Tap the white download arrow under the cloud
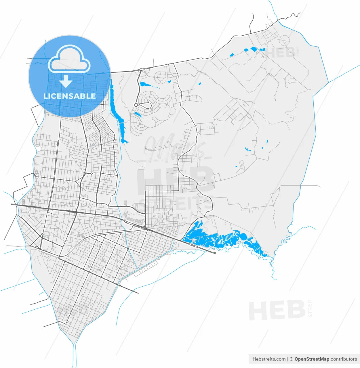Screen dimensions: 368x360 pos(66,81)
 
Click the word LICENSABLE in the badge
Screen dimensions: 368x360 pos(69,96)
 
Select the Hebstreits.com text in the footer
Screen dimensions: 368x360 pos(269,359)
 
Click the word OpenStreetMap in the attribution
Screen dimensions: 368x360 pos(312,359)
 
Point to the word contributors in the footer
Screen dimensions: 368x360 pos(344,359)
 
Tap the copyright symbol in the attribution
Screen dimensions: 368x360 pos(291,359)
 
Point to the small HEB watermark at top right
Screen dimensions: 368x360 pos(279,53)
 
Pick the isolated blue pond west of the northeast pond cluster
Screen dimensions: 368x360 pos(231,54)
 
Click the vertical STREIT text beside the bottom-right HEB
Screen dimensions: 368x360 pos(310,308)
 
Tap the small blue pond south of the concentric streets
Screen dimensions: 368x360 pos(138,115)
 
